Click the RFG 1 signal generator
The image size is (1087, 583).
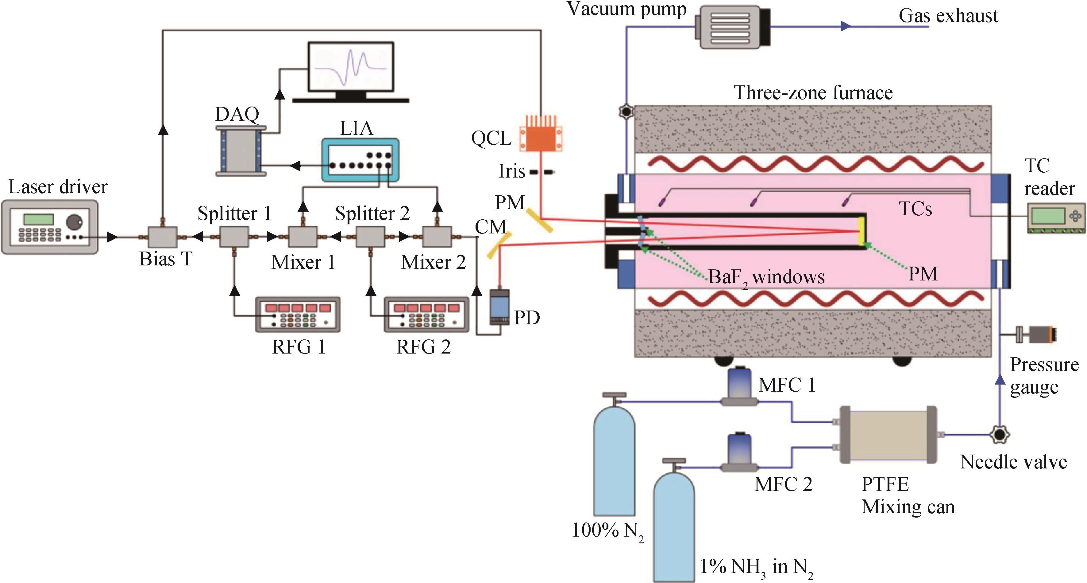point(298,315)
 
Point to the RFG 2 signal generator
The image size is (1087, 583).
point(426,315)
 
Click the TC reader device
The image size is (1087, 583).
point(1055,218)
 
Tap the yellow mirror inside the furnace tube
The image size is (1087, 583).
point(861,231)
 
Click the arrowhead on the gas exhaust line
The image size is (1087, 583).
point(845,26)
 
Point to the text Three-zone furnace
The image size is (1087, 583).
point(813,92)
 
